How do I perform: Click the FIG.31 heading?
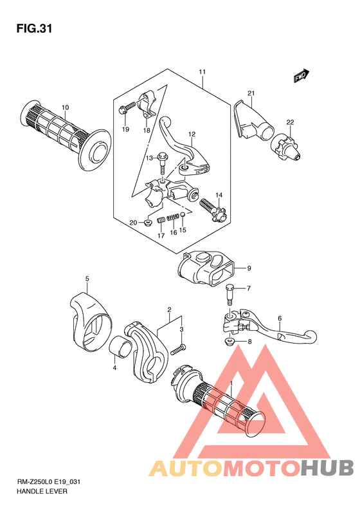click(x=34, y=28)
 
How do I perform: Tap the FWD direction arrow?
click(x=302, y=76)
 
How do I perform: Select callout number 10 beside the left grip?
click(x=65, y=107)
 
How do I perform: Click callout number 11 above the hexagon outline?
click(x=203, y=71)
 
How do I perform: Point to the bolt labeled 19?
click(x=127, y=107)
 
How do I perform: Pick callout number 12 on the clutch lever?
click(x=192, y=134)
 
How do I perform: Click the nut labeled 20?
click(x=148, y=223)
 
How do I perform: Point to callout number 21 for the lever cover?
click(x=251, y=93)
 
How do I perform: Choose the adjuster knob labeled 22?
click(x=287, y=148)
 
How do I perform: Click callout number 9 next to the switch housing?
click(x=249, y=268)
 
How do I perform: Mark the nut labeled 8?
click(x=230, y=341)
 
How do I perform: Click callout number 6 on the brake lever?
click(x=280, y=319)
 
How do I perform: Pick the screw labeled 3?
click(x=177, y=350)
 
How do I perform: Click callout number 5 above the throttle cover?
click(x=87, y=279)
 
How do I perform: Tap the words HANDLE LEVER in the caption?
click(x=42, y=491)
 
